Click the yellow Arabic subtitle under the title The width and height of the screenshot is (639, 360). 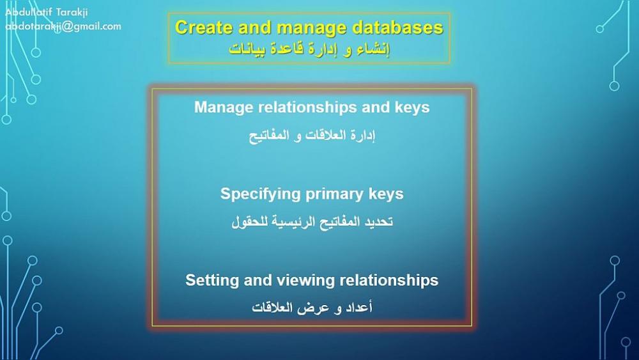point(309,49)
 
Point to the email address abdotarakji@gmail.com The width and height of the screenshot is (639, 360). point(63,26)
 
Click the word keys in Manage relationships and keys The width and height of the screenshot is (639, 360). point(412,107)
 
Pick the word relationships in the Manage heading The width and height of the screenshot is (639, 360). point(307,107)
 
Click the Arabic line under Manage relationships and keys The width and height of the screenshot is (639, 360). point(312,136)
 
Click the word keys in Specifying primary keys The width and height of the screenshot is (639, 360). point(386,194)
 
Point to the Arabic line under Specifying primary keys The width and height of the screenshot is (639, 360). point(312,222)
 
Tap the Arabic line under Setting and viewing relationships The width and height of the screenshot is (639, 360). point(312,308)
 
